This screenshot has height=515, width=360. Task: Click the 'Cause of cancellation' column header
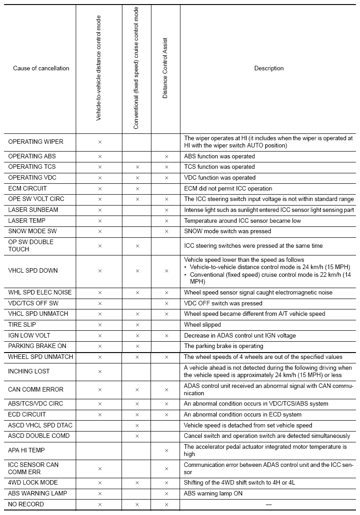click(41, 69)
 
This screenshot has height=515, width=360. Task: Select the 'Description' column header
click(269, 69)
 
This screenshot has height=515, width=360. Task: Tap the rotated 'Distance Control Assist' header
click(165, 68)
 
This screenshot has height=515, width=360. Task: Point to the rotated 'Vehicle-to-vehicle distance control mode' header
click(98, 68)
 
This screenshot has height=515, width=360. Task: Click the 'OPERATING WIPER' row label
click(36, 142)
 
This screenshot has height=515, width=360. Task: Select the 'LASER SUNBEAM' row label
click(33, 210)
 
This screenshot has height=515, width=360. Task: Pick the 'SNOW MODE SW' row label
click(32, 231)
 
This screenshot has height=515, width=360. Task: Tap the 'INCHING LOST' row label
click(29, 371)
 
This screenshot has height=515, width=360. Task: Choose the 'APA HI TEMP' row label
click(27, 450)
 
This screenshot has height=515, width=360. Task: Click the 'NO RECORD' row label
click(26, 504)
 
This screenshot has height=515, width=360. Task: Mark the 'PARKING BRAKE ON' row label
click(37, 346)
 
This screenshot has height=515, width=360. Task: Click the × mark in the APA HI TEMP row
click(166, 451)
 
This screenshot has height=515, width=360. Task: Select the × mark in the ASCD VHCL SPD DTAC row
click(137, 426)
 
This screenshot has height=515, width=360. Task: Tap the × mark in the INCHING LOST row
click(100, 372)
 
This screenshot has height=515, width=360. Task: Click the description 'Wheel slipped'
click(202, 325)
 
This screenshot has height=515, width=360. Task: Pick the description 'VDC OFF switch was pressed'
click(223, 304)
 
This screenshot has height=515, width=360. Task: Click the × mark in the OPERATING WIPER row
click(100, 142)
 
